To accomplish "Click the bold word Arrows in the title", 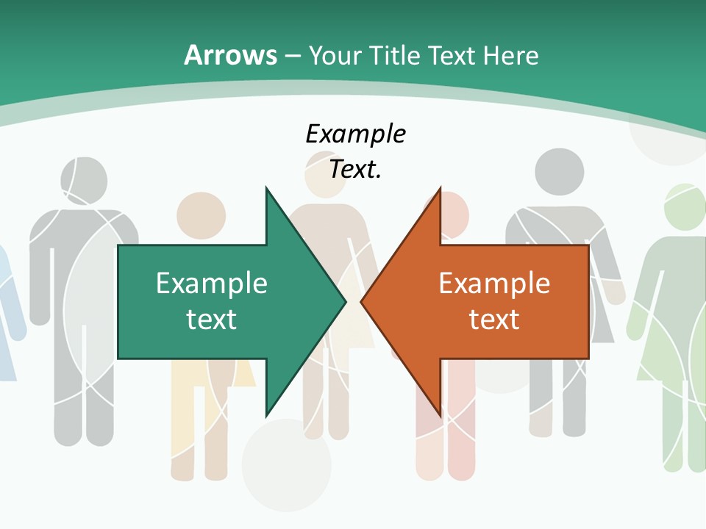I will click(x=231, y=55).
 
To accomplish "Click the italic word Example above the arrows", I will click(x=355, y=134).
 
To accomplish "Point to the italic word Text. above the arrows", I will click(x=355, y=170).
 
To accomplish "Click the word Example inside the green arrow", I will click(x=212, y=284).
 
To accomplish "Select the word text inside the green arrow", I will click(x=212, y=320).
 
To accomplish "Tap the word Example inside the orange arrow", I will click(x=494, y=284).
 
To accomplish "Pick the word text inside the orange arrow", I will click(x=494, y=320).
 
